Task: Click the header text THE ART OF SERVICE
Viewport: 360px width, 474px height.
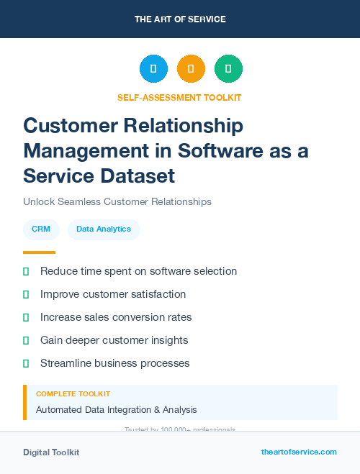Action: [180, 19]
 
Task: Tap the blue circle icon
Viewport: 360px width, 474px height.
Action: [153, 68]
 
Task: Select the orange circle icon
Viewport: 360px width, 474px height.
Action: [191, 68]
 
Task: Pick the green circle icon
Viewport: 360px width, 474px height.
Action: [228, 68]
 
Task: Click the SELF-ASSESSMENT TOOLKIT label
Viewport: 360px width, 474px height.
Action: [179, 97]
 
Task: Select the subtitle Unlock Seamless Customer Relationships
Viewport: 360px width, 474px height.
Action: [117, 201]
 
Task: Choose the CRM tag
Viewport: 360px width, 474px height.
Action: [41, 229]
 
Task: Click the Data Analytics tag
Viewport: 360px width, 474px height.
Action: [104, 229]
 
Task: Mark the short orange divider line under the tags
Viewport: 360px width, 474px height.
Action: [39, 252]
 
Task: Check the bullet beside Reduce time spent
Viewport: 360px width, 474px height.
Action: [26, 271]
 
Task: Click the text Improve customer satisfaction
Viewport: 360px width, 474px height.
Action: [113, 294]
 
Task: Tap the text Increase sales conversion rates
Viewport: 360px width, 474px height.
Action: [116, 317]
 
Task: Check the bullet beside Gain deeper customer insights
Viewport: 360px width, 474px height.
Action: [26, 340]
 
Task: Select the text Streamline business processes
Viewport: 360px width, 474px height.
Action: [114, 363]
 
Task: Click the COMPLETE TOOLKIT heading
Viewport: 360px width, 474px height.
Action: [73, 394]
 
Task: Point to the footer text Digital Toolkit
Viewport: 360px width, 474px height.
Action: [51, 452]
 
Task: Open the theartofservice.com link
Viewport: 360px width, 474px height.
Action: [299, 452]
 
